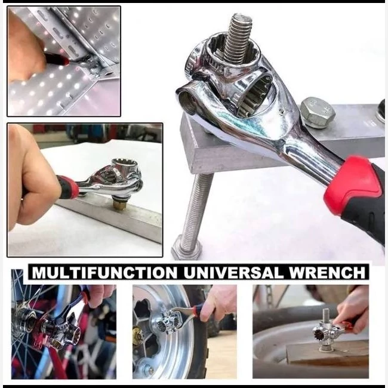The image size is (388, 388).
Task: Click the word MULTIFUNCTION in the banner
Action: click(x=104, y=272)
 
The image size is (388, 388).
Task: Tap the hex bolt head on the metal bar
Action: click(x=317, y=112)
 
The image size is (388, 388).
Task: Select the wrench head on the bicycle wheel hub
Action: click(x=62, y=329)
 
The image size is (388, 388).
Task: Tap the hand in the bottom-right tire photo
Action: click(x=352, y=312)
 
